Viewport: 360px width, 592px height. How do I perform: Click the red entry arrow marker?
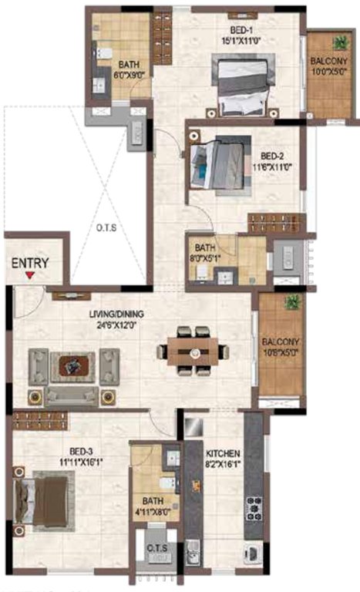point(29,275)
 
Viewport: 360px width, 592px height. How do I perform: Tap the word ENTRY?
point(30,263)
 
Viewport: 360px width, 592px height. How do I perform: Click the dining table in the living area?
point(193,351)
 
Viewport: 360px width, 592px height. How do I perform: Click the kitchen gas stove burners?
point(253,506)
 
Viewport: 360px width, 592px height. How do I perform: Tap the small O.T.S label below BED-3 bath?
point(156,548)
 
